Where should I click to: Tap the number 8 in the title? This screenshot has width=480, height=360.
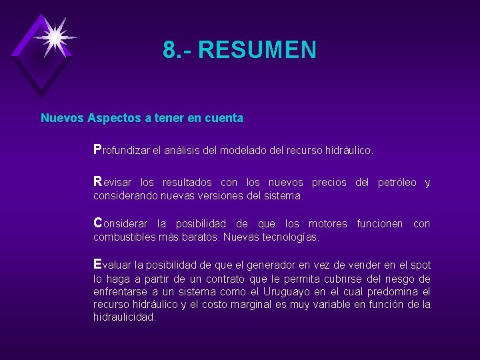(169, 50)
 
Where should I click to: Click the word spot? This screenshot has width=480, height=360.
(421, 265)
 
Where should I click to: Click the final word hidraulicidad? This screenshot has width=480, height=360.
(124, 317)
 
